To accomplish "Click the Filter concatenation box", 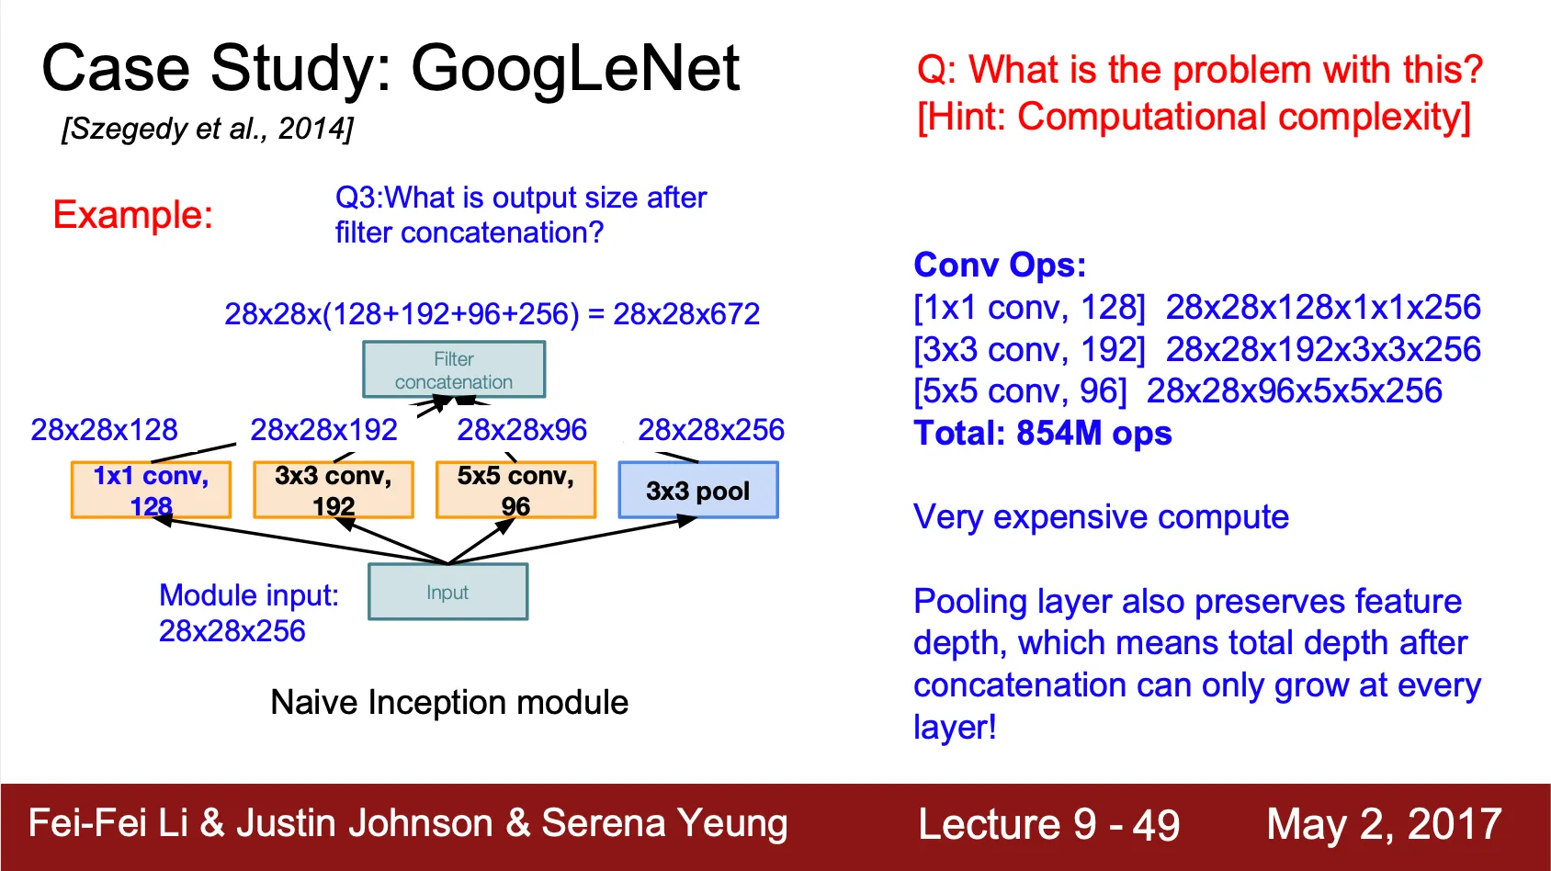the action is click(x=454, y=369).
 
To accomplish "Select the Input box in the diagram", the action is click(x=448, y=592).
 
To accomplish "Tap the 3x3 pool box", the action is click(x=698, y=491).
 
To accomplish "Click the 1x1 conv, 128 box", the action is click(x=151, y=491).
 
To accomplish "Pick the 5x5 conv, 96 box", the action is click(x=515, y=491).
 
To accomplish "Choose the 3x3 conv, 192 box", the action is click(x=333, y=491).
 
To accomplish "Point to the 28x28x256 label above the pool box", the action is click(x=711, y=430).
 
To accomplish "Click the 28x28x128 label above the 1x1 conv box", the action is click(x=104, y=430).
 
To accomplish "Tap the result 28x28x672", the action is click(x=686, y=314).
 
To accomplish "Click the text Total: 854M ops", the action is click(x=1042, y=434).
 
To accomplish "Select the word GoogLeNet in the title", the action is click(x=575, y=68).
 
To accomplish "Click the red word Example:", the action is click(x=133, y=215).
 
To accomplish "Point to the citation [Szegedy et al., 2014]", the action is click(x=208, y=129).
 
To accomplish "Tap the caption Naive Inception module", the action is click(x=449, y=703).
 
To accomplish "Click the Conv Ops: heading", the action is click(x=1000, y=266).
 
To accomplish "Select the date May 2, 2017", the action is click(x=1384, y=825).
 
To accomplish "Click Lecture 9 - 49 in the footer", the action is click(x=1049, y=825).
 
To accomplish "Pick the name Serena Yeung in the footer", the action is click(x=664, y=824).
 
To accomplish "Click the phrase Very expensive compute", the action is click(x=1101, y=517).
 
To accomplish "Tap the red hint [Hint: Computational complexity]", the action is click(x=1194, y=117).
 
